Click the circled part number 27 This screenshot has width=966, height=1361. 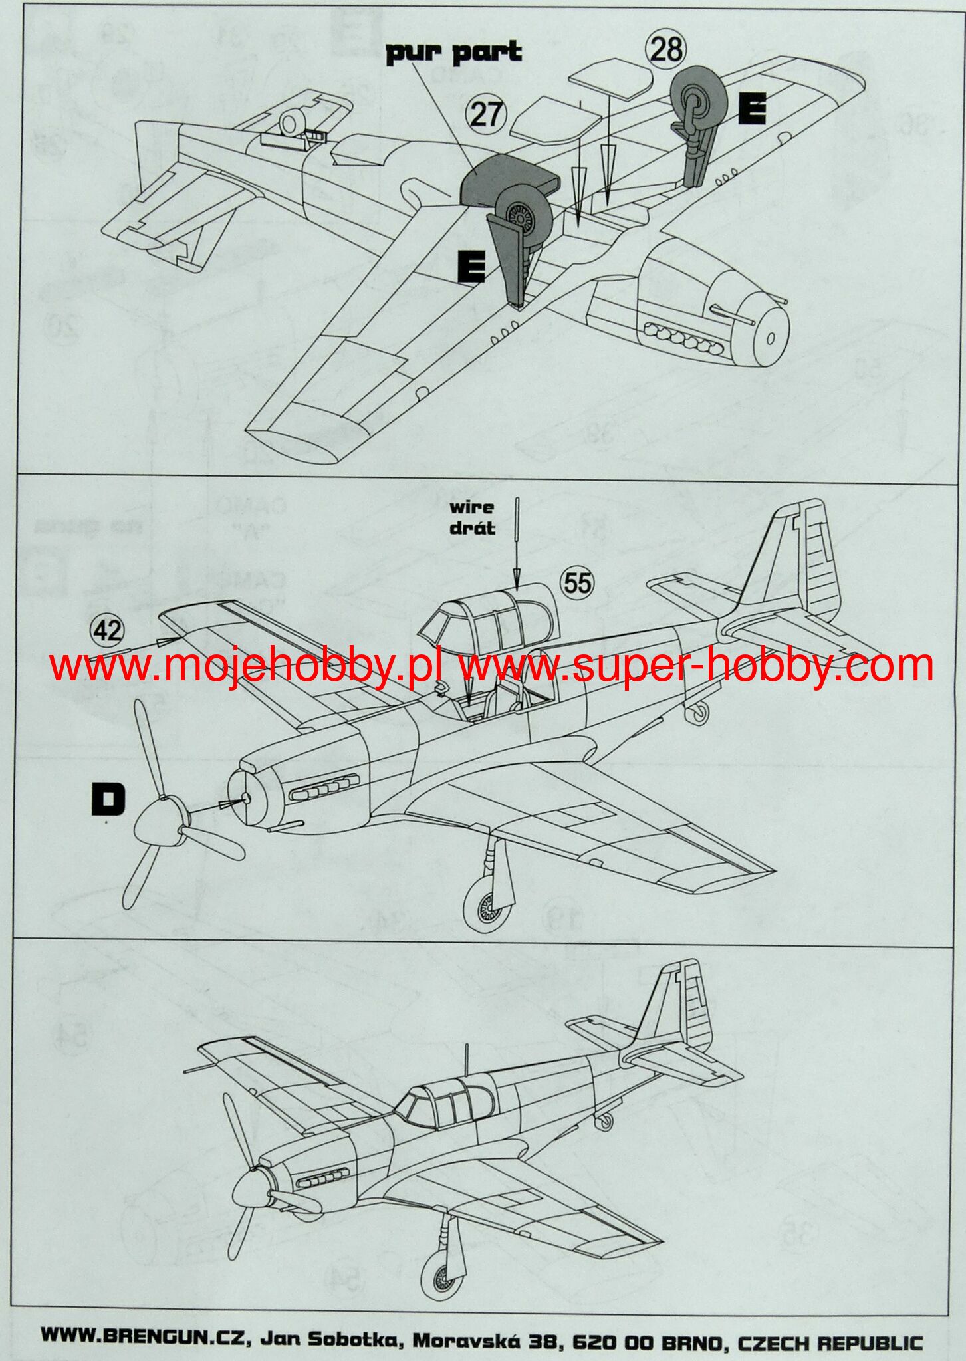pyautogui.click(x=486, y=114)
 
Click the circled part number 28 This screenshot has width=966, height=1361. pyautogui.click(x=665, y=49)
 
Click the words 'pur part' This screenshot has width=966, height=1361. pyautogui.click(x=453, y=53)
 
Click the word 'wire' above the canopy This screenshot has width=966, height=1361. pyautogui.click(x=471, y=508)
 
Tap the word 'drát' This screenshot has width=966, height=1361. pyautogui.click(x=472, y=529)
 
